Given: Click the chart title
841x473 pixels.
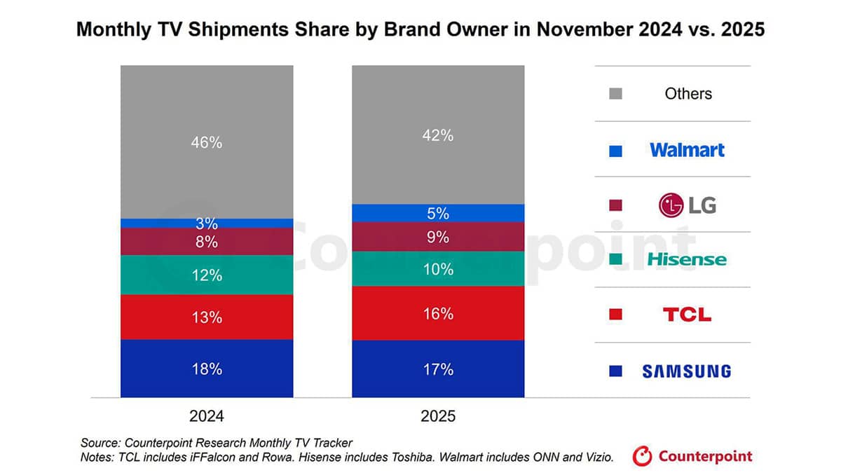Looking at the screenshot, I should click(420, 30).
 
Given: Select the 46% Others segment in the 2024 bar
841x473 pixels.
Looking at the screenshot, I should click(207, 142).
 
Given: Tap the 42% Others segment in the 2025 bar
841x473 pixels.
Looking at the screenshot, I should click(438, 135).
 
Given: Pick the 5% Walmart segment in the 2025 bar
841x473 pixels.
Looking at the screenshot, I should click(438, 213).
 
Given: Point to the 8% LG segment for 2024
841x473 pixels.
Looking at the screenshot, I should click(207, 242).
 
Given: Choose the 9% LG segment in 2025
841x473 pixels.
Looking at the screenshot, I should click(438, 237).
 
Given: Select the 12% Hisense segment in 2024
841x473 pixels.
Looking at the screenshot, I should click(207, 275).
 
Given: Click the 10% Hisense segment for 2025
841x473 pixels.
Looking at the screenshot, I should click(438, 268).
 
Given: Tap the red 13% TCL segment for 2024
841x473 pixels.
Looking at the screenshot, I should click(207, 317).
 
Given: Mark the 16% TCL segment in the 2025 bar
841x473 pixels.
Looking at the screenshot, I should click(438, 313).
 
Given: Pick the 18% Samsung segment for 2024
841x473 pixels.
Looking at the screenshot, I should click(207, 369).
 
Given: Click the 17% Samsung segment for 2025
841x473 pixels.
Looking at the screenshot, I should click(438, 369).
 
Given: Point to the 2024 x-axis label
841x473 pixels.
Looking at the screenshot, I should click(207, 416).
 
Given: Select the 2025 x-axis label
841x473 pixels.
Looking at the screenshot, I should click(438, 416).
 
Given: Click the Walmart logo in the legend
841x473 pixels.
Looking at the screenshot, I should click(687, 149).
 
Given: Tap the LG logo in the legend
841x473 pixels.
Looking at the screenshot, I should click(687, 205).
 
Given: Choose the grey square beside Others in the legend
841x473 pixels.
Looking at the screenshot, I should click(616, 94).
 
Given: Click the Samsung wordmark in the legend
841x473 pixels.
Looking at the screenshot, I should click(687, 371).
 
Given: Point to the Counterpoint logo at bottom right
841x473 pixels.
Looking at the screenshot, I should click(692, 457).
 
